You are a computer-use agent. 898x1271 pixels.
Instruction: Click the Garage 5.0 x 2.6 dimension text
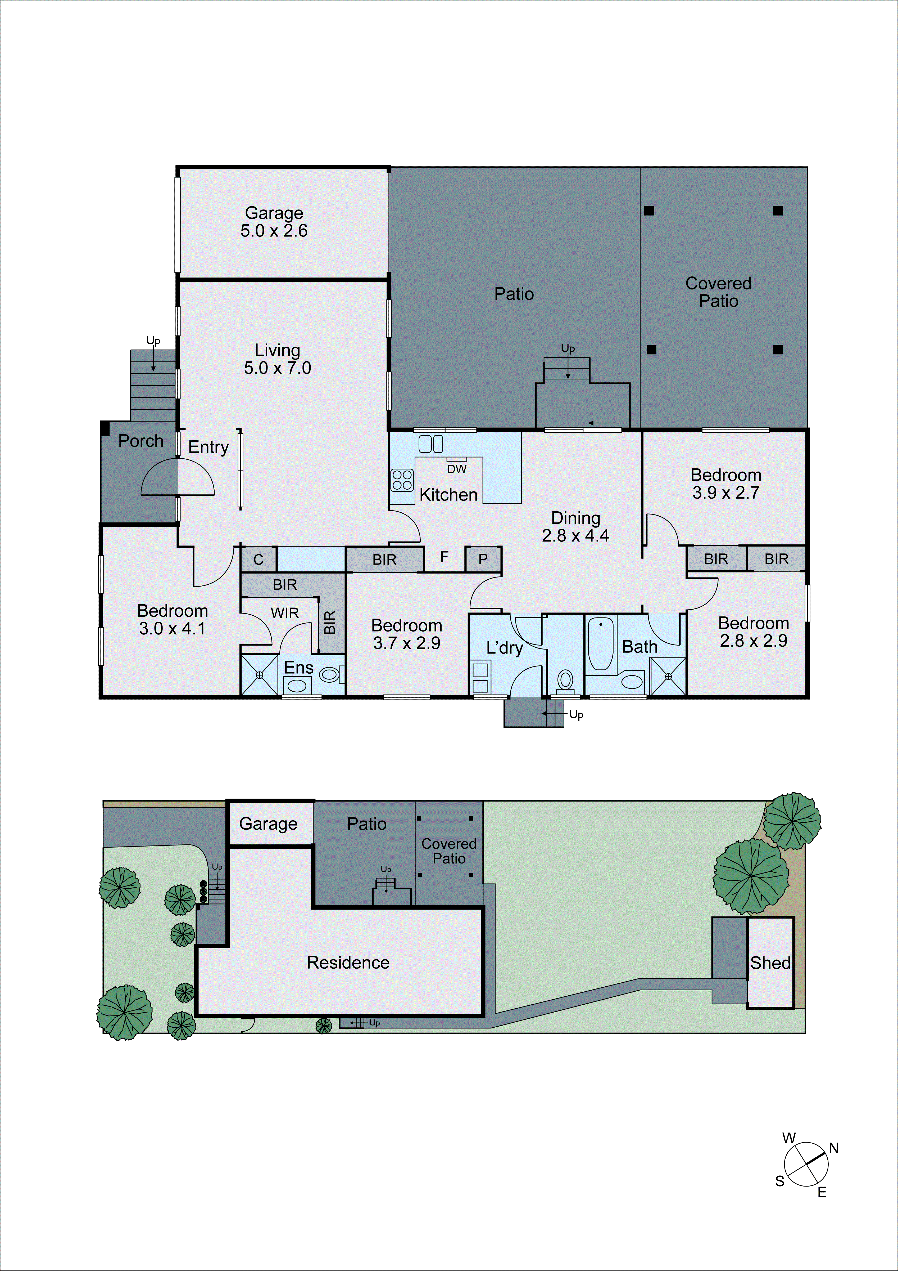[x=274, y=231]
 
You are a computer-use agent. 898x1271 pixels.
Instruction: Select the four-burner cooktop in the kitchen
[x=402, y=480]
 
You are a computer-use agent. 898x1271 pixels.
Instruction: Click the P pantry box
[x=483, y=559]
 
